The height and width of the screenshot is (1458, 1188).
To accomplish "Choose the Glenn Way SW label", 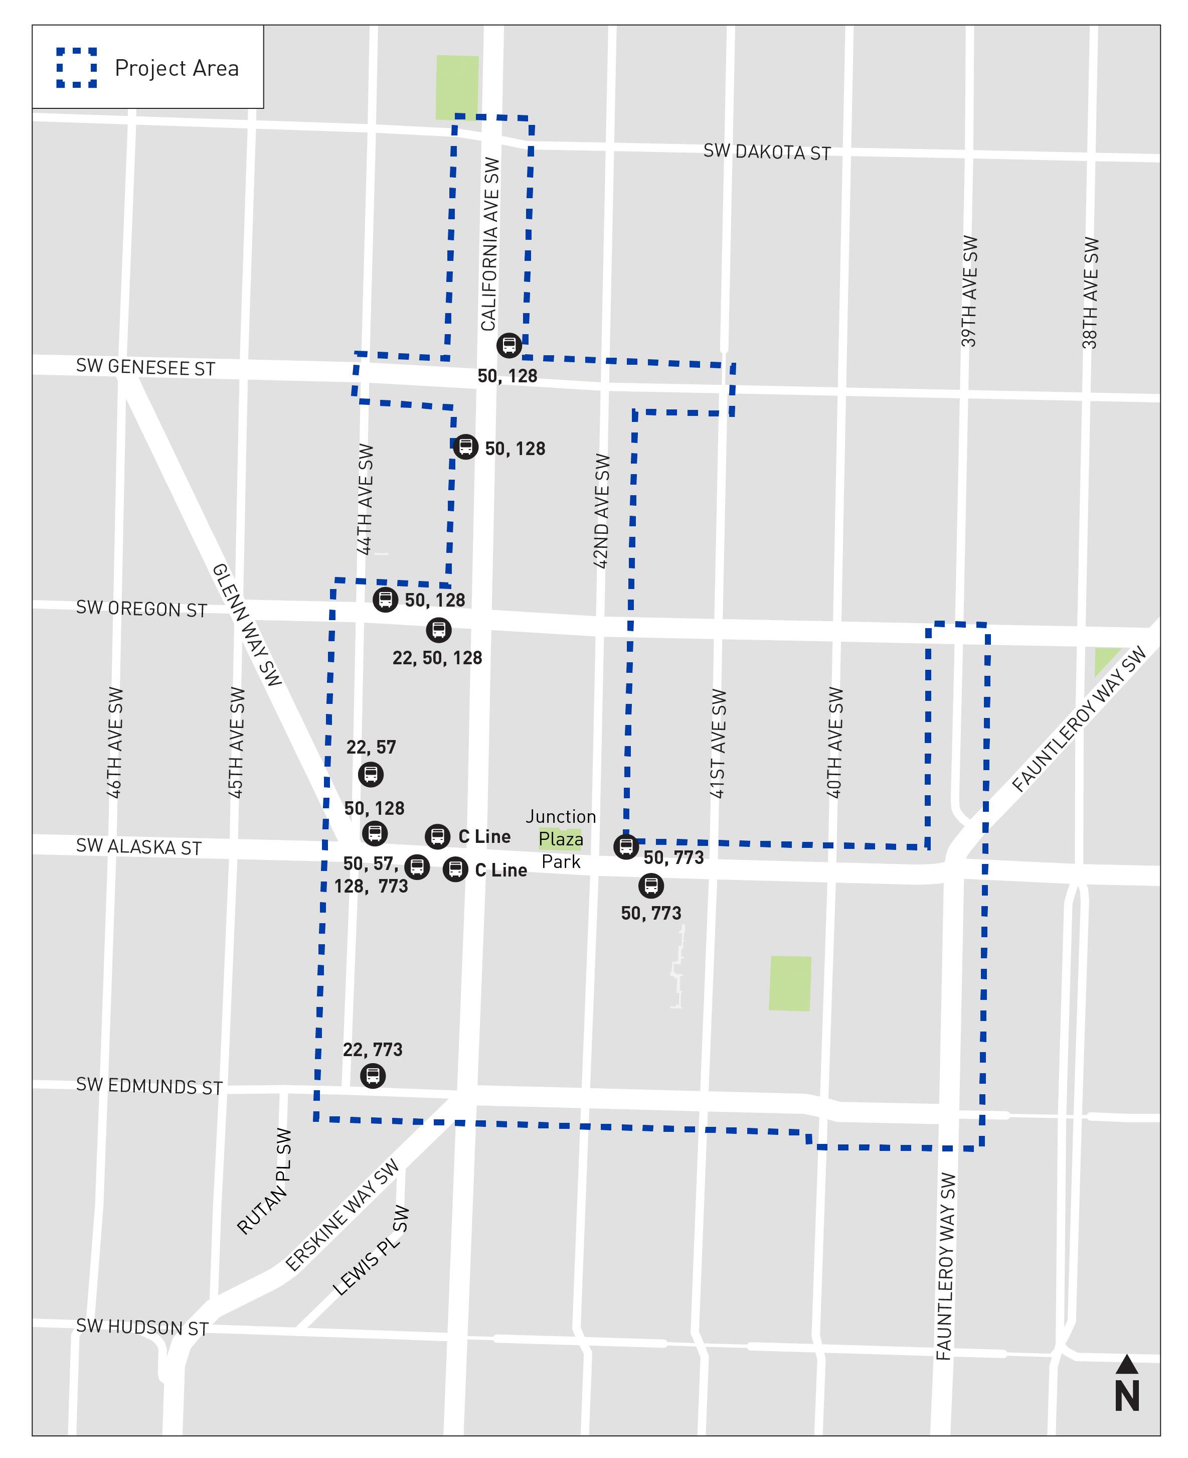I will [x=246, y=624].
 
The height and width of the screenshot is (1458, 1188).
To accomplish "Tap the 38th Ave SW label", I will [x=1090, y=293].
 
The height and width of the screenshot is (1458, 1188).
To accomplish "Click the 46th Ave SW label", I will [x=115, y=742].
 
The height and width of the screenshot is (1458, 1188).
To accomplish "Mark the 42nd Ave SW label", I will [x=601, y=511].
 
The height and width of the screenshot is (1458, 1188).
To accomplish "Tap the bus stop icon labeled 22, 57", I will [x=371, y=774].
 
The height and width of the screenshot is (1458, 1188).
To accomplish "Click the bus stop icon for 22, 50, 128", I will [x=439, y=629].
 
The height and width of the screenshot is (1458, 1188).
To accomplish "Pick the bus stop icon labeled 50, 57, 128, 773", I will [x=417, y=866].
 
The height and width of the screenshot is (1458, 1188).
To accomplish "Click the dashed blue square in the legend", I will [x=77, y=68].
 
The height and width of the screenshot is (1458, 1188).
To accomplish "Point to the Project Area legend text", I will [x=177, y=68].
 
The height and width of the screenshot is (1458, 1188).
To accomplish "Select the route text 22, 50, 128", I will [x=437, y=658].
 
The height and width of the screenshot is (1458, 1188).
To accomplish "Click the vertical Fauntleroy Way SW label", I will [x=946, y=1266].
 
